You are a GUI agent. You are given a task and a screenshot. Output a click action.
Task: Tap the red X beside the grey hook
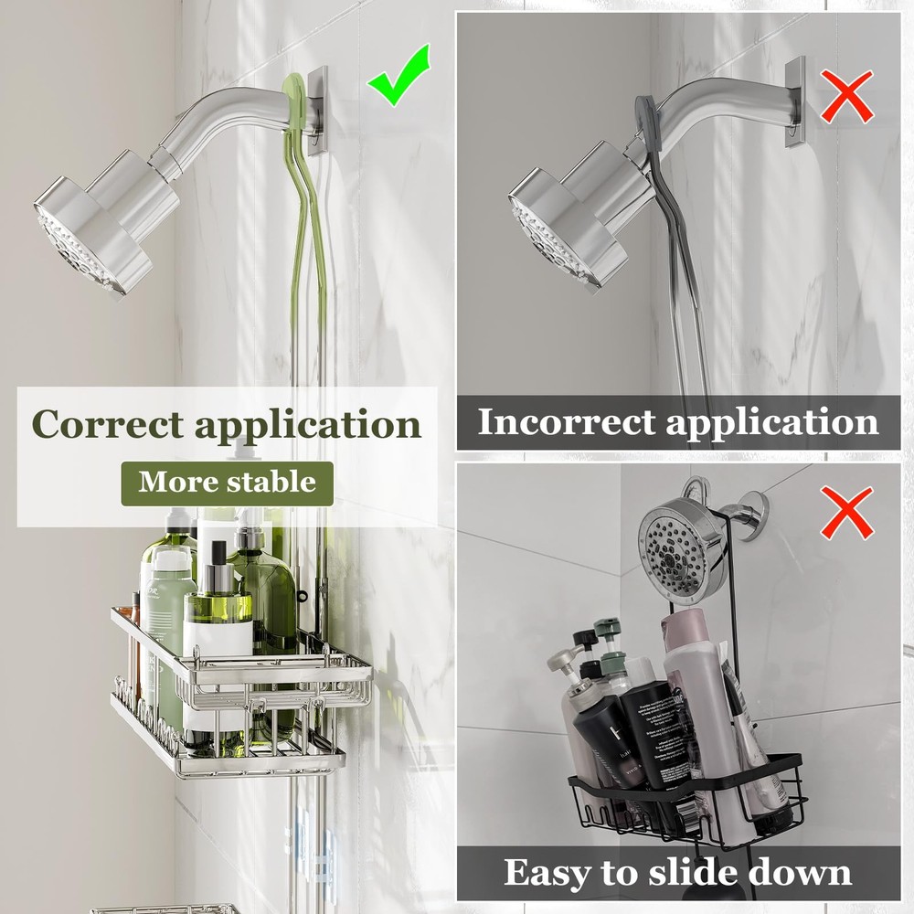click(845, 98)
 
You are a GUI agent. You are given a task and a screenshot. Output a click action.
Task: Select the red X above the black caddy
click(846, 513)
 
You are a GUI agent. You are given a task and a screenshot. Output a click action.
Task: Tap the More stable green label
click(227, 483)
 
